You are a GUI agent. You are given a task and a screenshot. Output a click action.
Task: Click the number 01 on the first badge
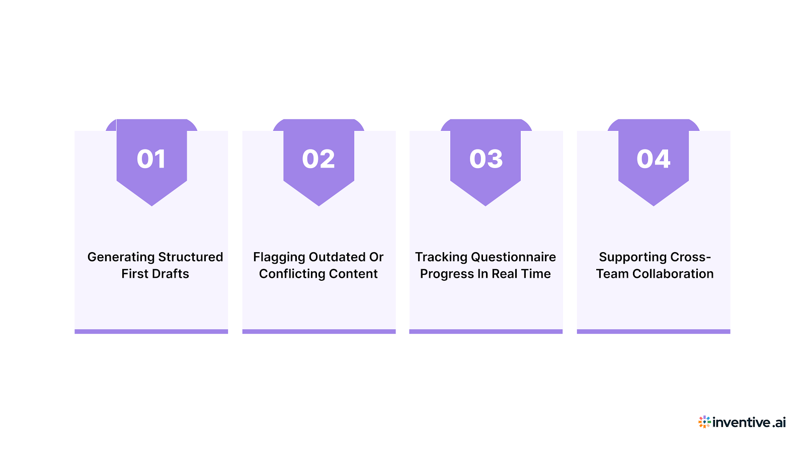[151, 159]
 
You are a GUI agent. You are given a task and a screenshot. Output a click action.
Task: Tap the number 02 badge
[318, 159]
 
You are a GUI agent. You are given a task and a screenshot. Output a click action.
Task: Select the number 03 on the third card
[486, 159]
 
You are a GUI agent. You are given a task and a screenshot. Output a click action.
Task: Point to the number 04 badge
[653, 159]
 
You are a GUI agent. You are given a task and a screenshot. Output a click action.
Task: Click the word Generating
[121, 257]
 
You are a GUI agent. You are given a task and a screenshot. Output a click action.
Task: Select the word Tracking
[441, 257]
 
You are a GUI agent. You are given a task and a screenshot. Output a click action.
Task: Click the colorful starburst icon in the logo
[704, 422]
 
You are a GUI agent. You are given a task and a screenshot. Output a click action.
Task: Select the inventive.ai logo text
[749, 422]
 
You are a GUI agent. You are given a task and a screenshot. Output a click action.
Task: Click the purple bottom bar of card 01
[151, 331]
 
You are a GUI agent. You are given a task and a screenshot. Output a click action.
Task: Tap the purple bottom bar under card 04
[653, 331]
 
